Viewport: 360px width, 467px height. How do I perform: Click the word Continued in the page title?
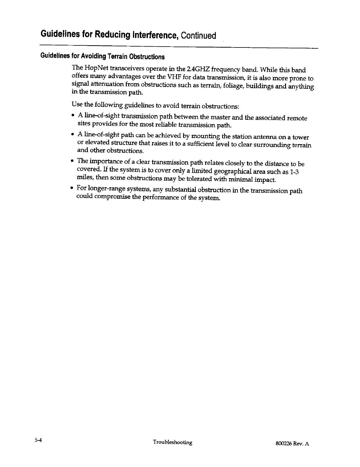[198, 35]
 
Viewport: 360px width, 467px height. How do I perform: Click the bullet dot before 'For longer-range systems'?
[73, 188]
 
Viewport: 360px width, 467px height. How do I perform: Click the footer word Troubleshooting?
[172, 442]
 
